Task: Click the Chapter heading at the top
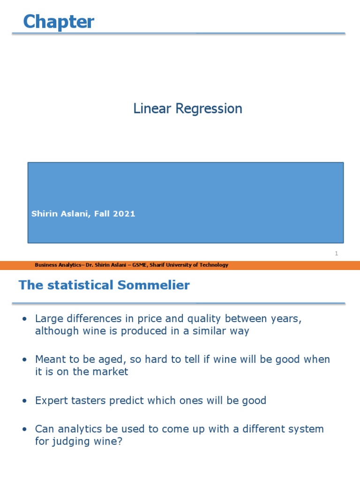pyautogui.click(x=59, y=22)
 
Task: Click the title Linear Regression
pyautogui.click(x=187, y=109)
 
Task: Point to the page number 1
pyautogui.click(x=336, y=254)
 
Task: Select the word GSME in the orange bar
pyautogui.click(x=138, y=265)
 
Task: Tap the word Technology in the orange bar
pyautogui.click(x=214, y=265)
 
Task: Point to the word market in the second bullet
pyautogui.click(x=112, y=372)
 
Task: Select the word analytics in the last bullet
pyautogui.click(x=76, y=429)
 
